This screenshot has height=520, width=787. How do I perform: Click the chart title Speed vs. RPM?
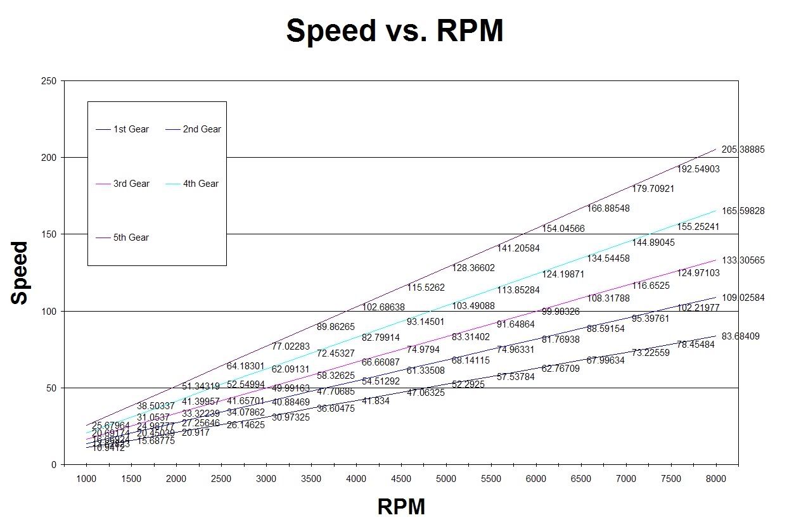[394, 30]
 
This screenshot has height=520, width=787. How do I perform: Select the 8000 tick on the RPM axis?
[716, 479]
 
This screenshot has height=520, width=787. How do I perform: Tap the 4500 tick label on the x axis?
[401, 479]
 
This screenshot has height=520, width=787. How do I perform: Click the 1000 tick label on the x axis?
[86, 479]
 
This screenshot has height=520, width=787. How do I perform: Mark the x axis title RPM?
[401, 507]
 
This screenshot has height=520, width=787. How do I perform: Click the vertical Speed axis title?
[20, 272]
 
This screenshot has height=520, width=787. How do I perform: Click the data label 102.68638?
[383, 307]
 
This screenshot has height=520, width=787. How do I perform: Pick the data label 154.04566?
[563, 229]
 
